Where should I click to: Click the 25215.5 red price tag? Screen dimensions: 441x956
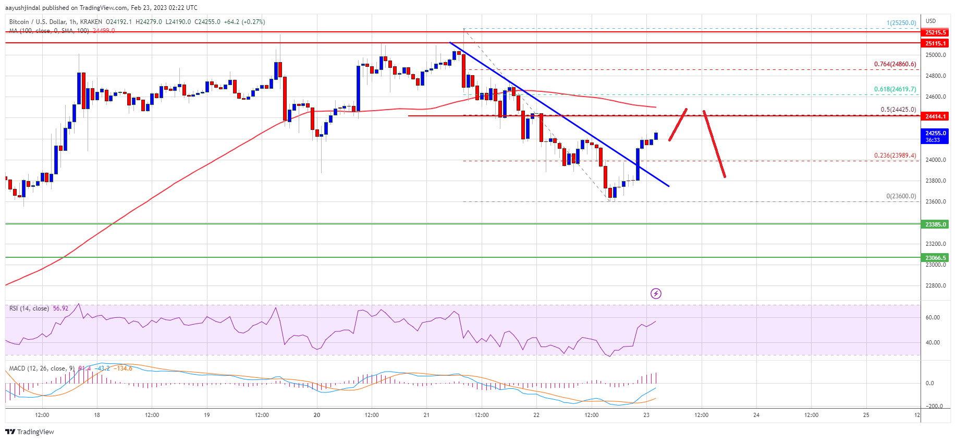click(x=935, y=32)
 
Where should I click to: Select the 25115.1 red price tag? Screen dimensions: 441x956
click(x=935, y=43)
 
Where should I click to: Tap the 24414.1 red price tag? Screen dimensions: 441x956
click(x=935, y=116)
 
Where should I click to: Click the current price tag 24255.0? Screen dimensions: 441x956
click(x=935, y=134)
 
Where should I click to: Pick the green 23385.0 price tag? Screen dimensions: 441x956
click(x=935, y=224)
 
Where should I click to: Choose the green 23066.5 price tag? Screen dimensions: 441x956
click(x=935, y=258)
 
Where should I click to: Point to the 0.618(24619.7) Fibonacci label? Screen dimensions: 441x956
click(x=894, y=89)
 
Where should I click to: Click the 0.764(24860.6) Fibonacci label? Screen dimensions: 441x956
click(x=894, y=64)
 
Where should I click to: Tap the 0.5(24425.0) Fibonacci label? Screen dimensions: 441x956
click(x=898, y=110)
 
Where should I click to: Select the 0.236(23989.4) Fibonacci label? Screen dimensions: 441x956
click(x=894, y=156)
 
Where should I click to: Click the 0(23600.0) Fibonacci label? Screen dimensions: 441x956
click(x=901, y=196)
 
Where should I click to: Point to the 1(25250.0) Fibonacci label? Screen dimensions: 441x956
click(x=901, y=23)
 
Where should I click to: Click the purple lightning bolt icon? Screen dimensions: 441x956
click(x=656, y=294)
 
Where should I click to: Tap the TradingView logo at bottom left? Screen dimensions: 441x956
click(x=30, y=432)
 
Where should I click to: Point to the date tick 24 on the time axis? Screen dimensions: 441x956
click(x=756, y=415)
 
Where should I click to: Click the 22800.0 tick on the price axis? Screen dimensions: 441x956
click(x=935, y=285)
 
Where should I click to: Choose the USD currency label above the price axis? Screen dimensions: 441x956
click(x=930, y=21)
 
